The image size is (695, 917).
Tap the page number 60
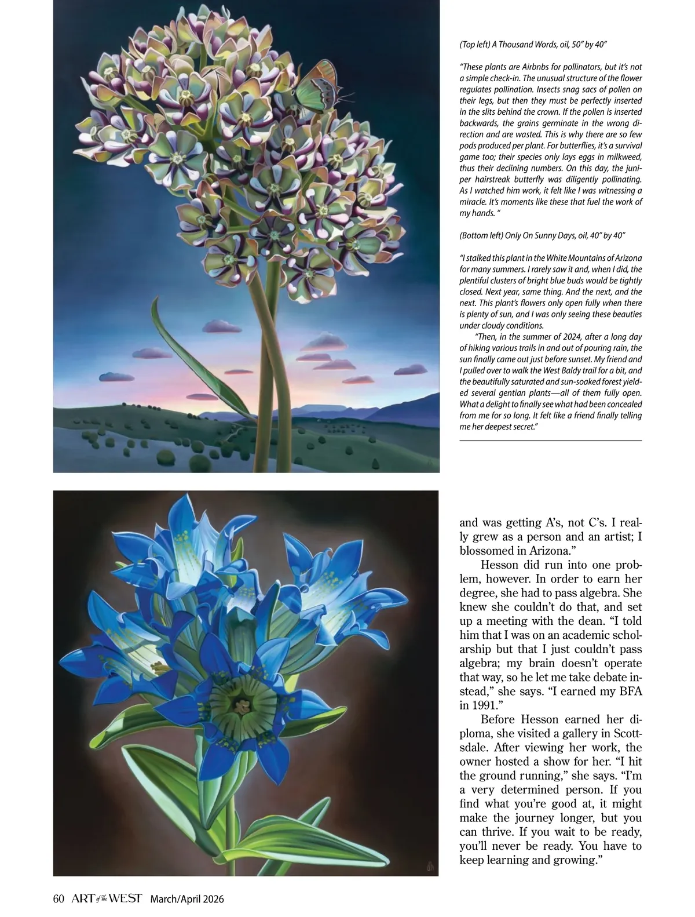(58, 899)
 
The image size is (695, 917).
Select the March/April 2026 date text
(186, 899)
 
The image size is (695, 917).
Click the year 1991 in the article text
(473, 707)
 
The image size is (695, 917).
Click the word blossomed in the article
(485, 551)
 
